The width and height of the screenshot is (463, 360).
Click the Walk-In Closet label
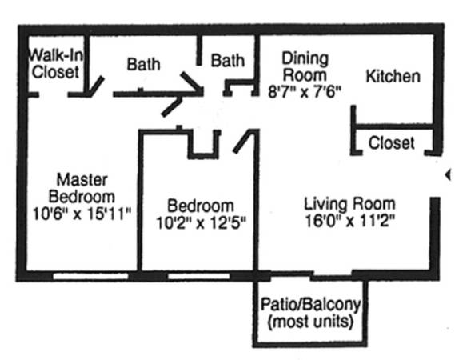click(55, 63)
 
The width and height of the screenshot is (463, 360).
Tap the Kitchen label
click(393, 76)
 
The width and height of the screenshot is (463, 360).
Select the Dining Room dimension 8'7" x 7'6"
click(305, 92)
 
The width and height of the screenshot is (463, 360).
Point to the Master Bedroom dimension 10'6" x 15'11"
click(82, 214)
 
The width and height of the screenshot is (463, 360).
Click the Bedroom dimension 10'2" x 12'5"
click(201, 222)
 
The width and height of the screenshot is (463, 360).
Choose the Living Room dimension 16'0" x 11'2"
click(350, 221)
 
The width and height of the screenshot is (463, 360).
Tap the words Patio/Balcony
click(310, 305)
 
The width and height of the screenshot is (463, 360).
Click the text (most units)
click(310, 322)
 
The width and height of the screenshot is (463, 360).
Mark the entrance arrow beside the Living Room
click(449, 174)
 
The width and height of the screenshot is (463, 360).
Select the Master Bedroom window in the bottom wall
click(90, 277)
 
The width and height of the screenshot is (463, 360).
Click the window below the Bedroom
click(199, 277)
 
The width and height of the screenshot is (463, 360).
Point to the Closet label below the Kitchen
click(391, 143)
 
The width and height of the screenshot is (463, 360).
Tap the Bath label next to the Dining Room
click(228, 61)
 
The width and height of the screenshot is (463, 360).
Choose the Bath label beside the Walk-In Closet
click(143, 64)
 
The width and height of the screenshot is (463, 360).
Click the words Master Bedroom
click(82, 188)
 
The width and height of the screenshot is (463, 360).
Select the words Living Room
click(350, 204)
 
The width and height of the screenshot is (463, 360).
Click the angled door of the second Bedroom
click(243, 141)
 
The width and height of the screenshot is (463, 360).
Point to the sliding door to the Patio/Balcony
click(332, 278)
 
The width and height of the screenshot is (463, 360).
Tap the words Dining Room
click(305, 67)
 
